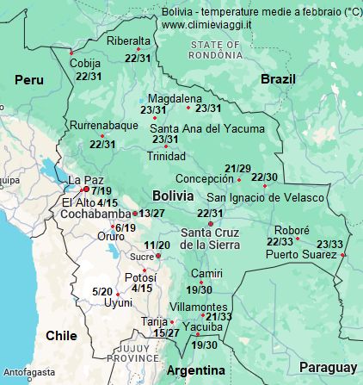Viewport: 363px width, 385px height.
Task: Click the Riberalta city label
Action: coord(128,40)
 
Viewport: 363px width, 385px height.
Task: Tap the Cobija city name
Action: coord(85,64)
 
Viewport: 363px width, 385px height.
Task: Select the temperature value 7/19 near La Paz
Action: coord(102,190)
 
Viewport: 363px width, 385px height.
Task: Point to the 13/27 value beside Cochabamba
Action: coord(152,213)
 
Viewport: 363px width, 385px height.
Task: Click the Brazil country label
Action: coord(278,78)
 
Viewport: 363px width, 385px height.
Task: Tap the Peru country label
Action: coord(28,79)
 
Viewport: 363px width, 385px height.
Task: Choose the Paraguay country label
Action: coord(328,367)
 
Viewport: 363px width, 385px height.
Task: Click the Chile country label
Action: coord(61,335)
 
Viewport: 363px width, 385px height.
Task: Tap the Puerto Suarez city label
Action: coord(300,254)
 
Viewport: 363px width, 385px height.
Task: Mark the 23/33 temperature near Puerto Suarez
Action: coord(329,244)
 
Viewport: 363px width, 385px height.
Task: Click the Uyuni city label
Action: coord(118,303)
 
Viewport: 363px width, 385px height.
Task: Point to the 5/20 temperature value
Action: coord(102,292)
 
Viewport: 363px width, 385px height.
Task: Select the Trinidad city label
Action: coord(166,156)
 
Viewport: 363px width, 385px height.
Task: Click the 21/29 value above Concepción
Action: coord(237,168)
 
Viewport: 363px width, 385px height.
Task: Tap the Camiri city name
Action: coord(206,273)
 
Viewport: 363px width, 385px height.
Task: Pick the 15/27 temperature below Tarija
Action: coord(166,332)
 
